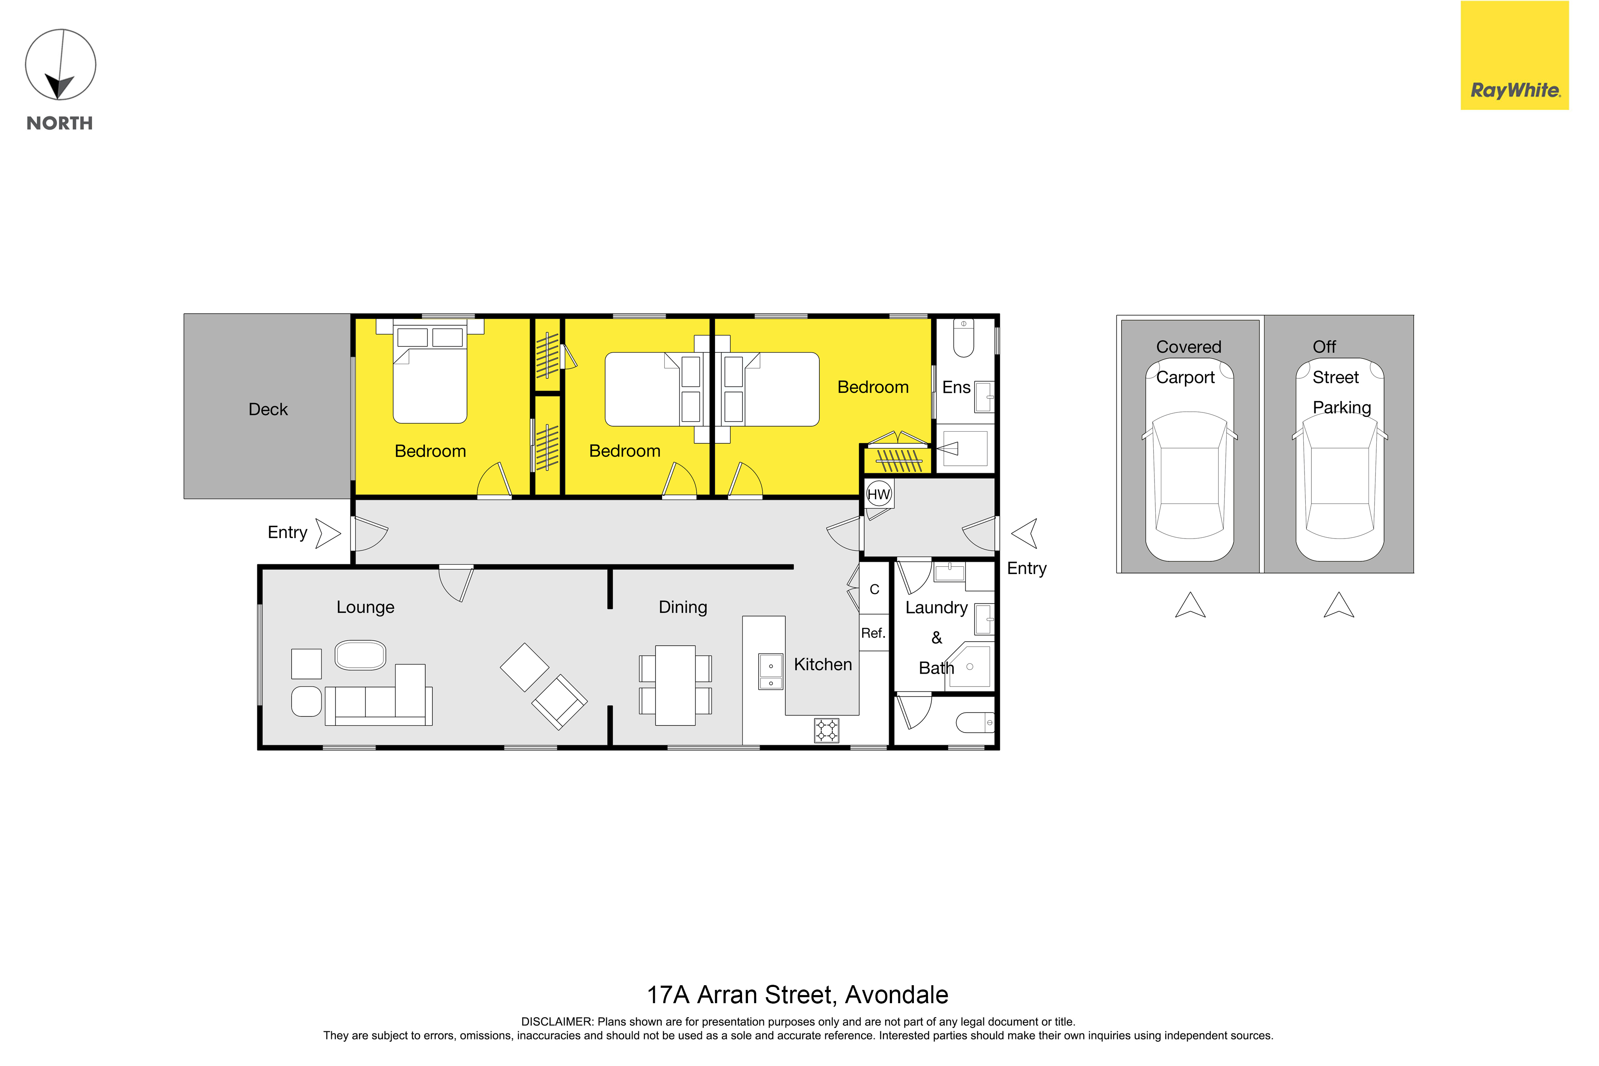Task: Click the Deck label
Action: click(x=268, y=409)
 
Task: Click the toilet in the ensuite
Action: click(x=963, y=338)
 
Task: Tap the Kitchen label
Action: click(x=823, y=664)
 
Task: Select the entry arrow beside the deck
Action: click(x=328, y=534)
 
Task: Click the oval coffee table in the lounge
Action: click(x=360, y=655)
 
